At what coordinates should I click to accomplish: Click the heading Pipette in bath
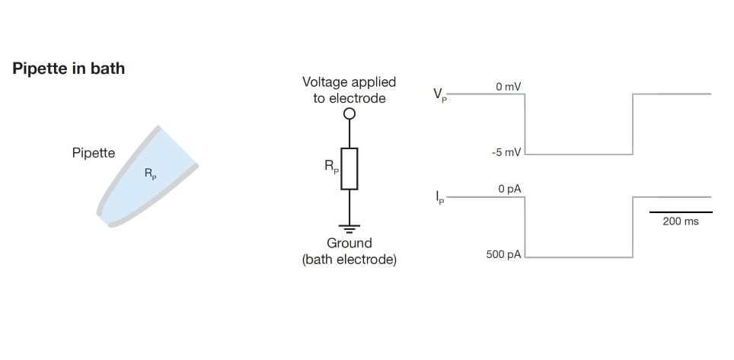coord(69,68)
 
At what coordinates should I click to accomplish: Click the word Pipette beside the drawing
coord(94,153)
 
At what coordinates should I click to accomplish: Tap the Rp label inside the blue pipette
coord(150,174)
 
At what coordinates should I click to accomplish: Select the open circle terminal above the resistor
coord(349,114)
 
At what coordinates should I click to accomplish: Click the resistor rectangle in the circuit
coord(349,168)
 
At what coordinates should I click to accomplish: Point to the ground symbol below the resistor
coord(349,227)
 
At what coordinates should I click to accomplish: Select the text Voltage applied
coord(349,82)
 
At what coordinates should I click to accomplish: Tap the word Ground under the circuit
coord(349,244)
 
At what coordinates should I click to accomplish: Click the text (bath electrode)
coord(349,260)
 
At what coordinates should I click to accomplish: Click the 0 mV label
coord(508,88)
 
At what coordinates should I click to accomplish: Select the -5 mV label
coord(506,153)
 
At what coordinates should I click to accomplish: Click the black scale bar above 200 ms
coord(681,212)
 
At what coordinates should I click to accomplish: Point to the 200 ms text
coord(681,221)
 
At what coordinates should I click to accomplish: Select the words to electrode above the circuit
coord(349,98)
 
